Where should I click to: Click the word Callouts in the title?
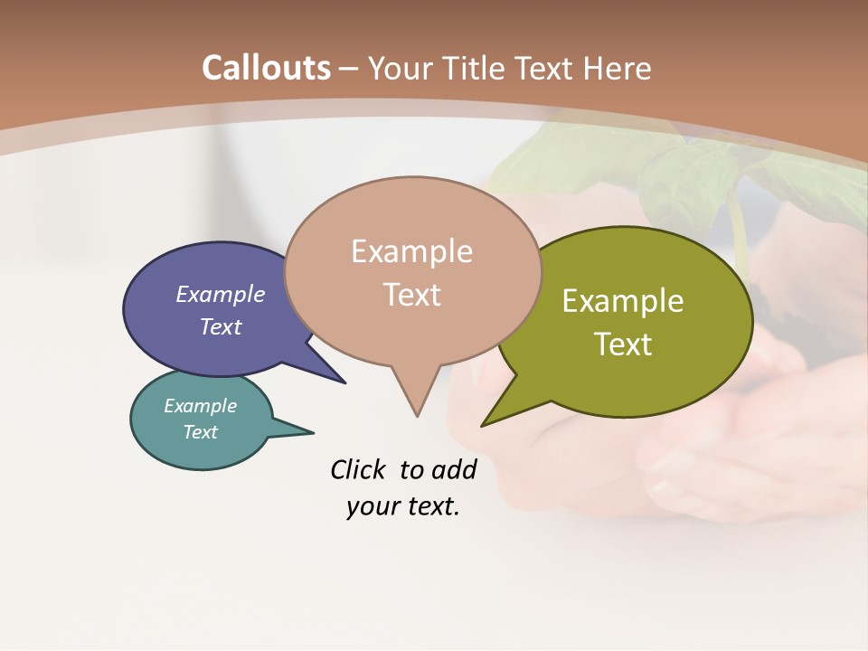266,68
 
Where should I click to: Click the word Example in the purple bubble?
221,295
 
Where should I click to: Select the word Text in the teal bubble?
201,432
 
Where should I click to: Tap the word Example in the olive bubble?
623,301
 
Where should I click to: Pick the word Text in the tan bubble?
412,295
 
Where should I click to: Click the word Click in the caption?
359,469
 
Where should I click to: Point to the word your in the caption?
373,506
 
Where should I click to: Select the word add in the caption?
454,469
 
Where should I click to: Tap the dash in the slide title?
350,68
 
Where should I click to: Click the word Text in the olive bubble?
624,344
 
